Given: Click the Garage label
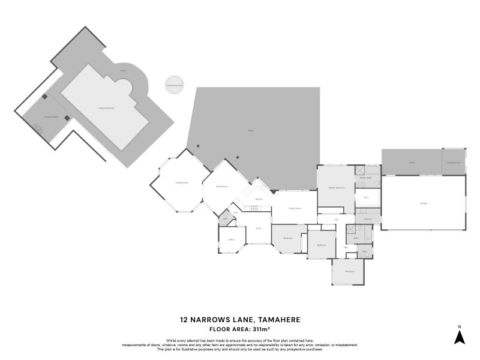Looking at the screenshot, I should tap(424, 203).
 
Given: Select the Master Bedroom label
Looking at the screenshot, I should tap(336, 188).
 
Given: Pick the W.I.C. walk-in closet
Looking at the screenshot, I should tap(366, 197).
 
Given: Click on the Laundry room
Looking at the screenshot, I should tap(367, 219).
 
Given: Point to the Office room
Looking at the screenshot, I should tap(231, 240).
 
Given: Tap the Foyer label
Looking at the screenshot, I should tap(258, 228).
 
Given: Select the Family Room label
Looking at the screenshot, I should tap(182, 182).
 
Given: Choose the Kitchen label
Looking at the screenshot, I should tap(259, 199).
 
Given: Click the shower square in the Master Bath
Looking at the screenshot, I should tap(359, 170).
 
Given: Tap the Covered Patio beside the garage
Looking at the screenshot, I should tap(453, 162).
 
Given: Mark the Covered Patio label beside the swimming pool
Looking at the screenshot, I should tap(50, 117).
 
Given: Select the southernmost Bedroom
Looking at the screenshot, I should tap(349, 271).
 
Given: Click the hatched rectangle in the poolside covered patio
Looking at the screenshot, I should tap(38, 128).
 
